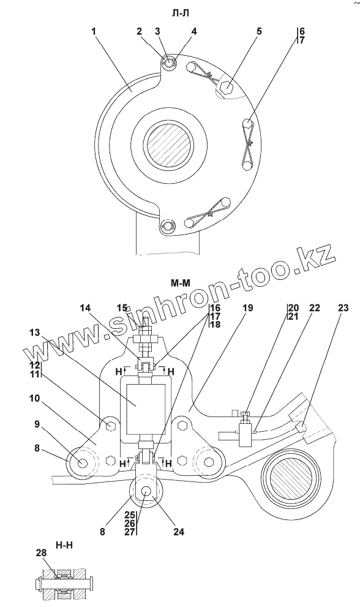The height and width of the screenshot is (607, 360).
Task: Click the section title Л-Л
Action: (180, 13)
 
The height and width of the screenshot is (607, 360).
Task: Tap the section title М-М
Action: (181, 284)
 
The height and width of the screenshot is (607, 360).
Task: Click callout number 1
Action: (94, 31)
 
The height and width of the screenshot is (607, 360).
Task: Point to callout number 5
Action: (258, 31)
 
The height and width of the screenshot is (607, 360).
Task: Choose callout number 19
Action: (248, 308)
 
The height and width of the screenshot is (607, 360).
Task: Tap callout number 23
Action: (343, 308)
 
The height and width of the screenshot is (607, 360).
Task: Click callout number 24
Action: (178, 532)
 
